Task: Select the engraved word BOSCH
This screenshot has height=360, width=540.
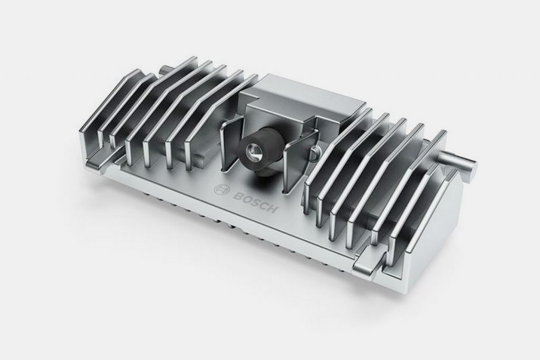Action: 255,202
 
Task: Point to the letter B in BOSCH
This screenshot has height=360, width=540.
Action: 237,195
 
